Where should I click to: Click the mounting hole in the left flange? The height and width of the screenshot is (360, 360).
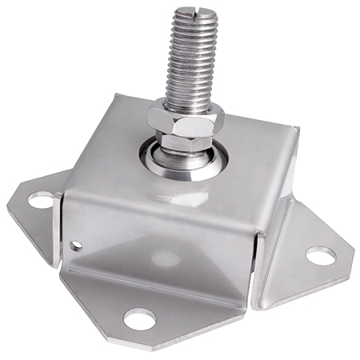click(39, 197)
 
